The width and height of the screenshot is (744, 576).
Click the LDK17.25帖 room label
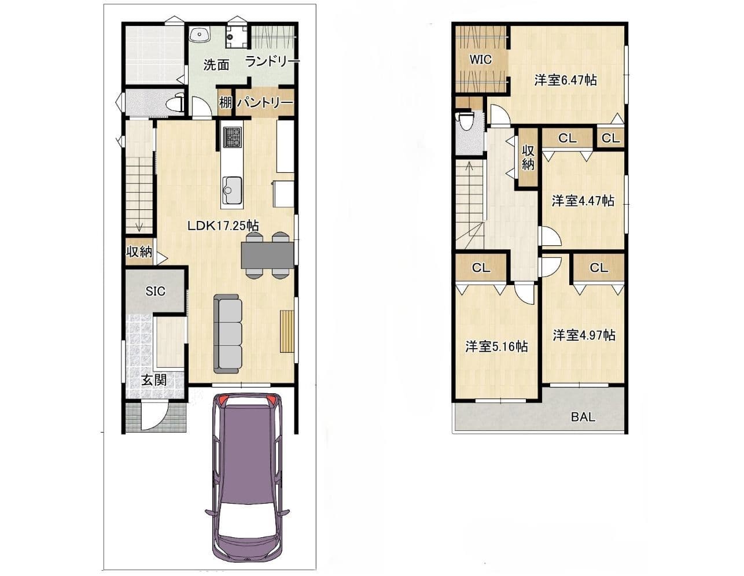(x=223, y=226)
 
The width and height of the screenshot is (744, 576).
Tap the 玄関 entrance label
(x=154, y=380)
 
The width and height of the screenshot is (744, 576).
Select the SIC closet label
(x=156, y=291)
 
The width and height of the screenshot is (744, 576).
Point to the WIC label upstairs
(x=481, y=60)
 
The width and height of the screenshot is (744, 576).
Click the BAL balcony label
(x=583, y=417)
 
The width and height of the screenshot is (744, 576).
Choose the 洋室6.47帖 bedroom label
(x=566, y=80)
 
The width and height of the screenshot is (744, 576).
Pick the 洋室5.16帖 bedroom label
(x=496, y=346)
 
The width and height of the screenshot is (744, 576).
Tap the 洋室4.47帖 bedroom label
(x=583, y=201)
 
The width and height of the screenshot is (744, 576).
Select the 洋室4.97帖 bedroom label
(x=584, y=335)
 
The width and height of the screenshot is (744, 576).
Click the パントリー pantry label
(x=265, y=102)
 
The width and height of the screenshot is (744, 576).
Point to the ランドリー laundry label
(x=272, y=62)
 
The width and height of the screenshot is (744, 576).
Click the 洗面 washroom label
(x=216, y=65)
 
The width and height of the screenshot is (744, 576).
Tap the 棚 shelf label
(x=225, y=102)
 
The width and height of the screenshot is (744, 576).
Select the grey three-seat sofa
(x=227, y=334)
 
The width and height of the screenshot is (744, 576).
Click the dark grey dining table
(x=267, y=255)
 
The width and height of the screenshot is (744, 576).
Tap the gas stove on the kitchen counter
(x=233, y=137)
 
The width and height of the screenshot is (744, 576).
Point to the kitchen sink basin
(x=232, y=190)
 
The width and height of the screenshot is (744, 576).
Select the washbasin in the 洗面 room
(x=199, y=35)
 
